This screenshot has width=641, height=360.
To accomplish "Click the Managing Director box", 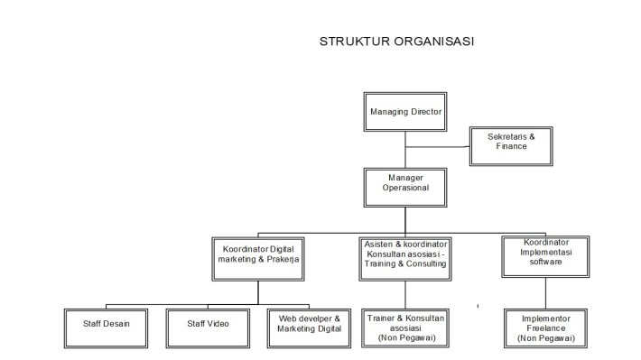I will tap(405, 113).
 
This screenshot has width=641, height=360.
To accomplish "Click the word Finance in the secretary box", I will tap(511, 146).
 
